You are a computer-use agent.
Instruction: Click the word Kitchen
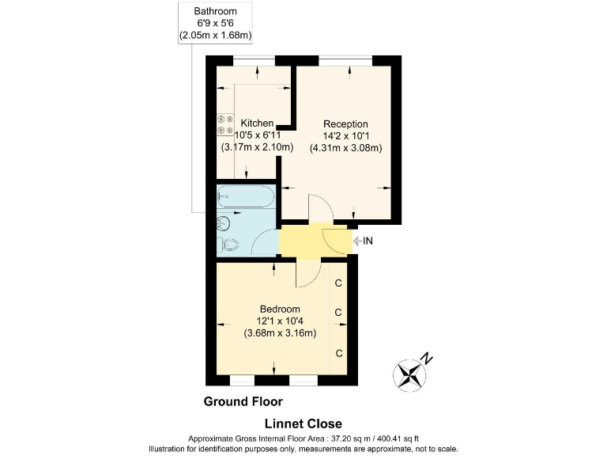[x=257, y=123]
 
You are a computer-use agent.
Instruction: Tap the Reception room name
[x=345, y=124]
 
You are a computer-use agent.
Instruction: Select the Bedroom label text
[x=280, y=309]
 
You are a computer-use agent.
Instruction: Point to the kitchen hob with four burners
[x=224, y=125]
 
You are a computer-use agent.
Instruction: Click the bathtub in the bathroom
[x=246, y=195]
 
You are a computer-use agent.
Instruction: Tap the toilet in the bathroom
[x=228, y=245]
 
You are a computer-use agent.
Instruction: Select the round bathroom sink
[x=223, y=222]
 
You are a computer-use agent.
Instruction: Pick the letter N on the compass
[x=427, y=357]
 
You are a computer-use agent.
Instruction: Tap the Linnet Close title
[x=303, y=424]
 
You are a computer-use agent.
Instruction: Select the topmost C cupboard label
[x=338, y=283]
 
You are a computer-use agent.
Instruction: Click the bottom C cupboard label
[x=338, y=352]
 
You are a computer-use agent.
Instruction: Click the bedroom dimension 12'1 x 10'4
[x=280, y=321]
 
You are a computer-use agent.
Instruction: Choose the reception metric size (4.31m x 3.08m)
[x=345, y=148]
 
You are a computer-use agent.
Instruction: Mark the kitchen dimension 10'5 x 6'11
[x=257, y=135]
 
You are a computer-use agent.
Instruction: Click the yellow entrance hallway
[x=304, y=241]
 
